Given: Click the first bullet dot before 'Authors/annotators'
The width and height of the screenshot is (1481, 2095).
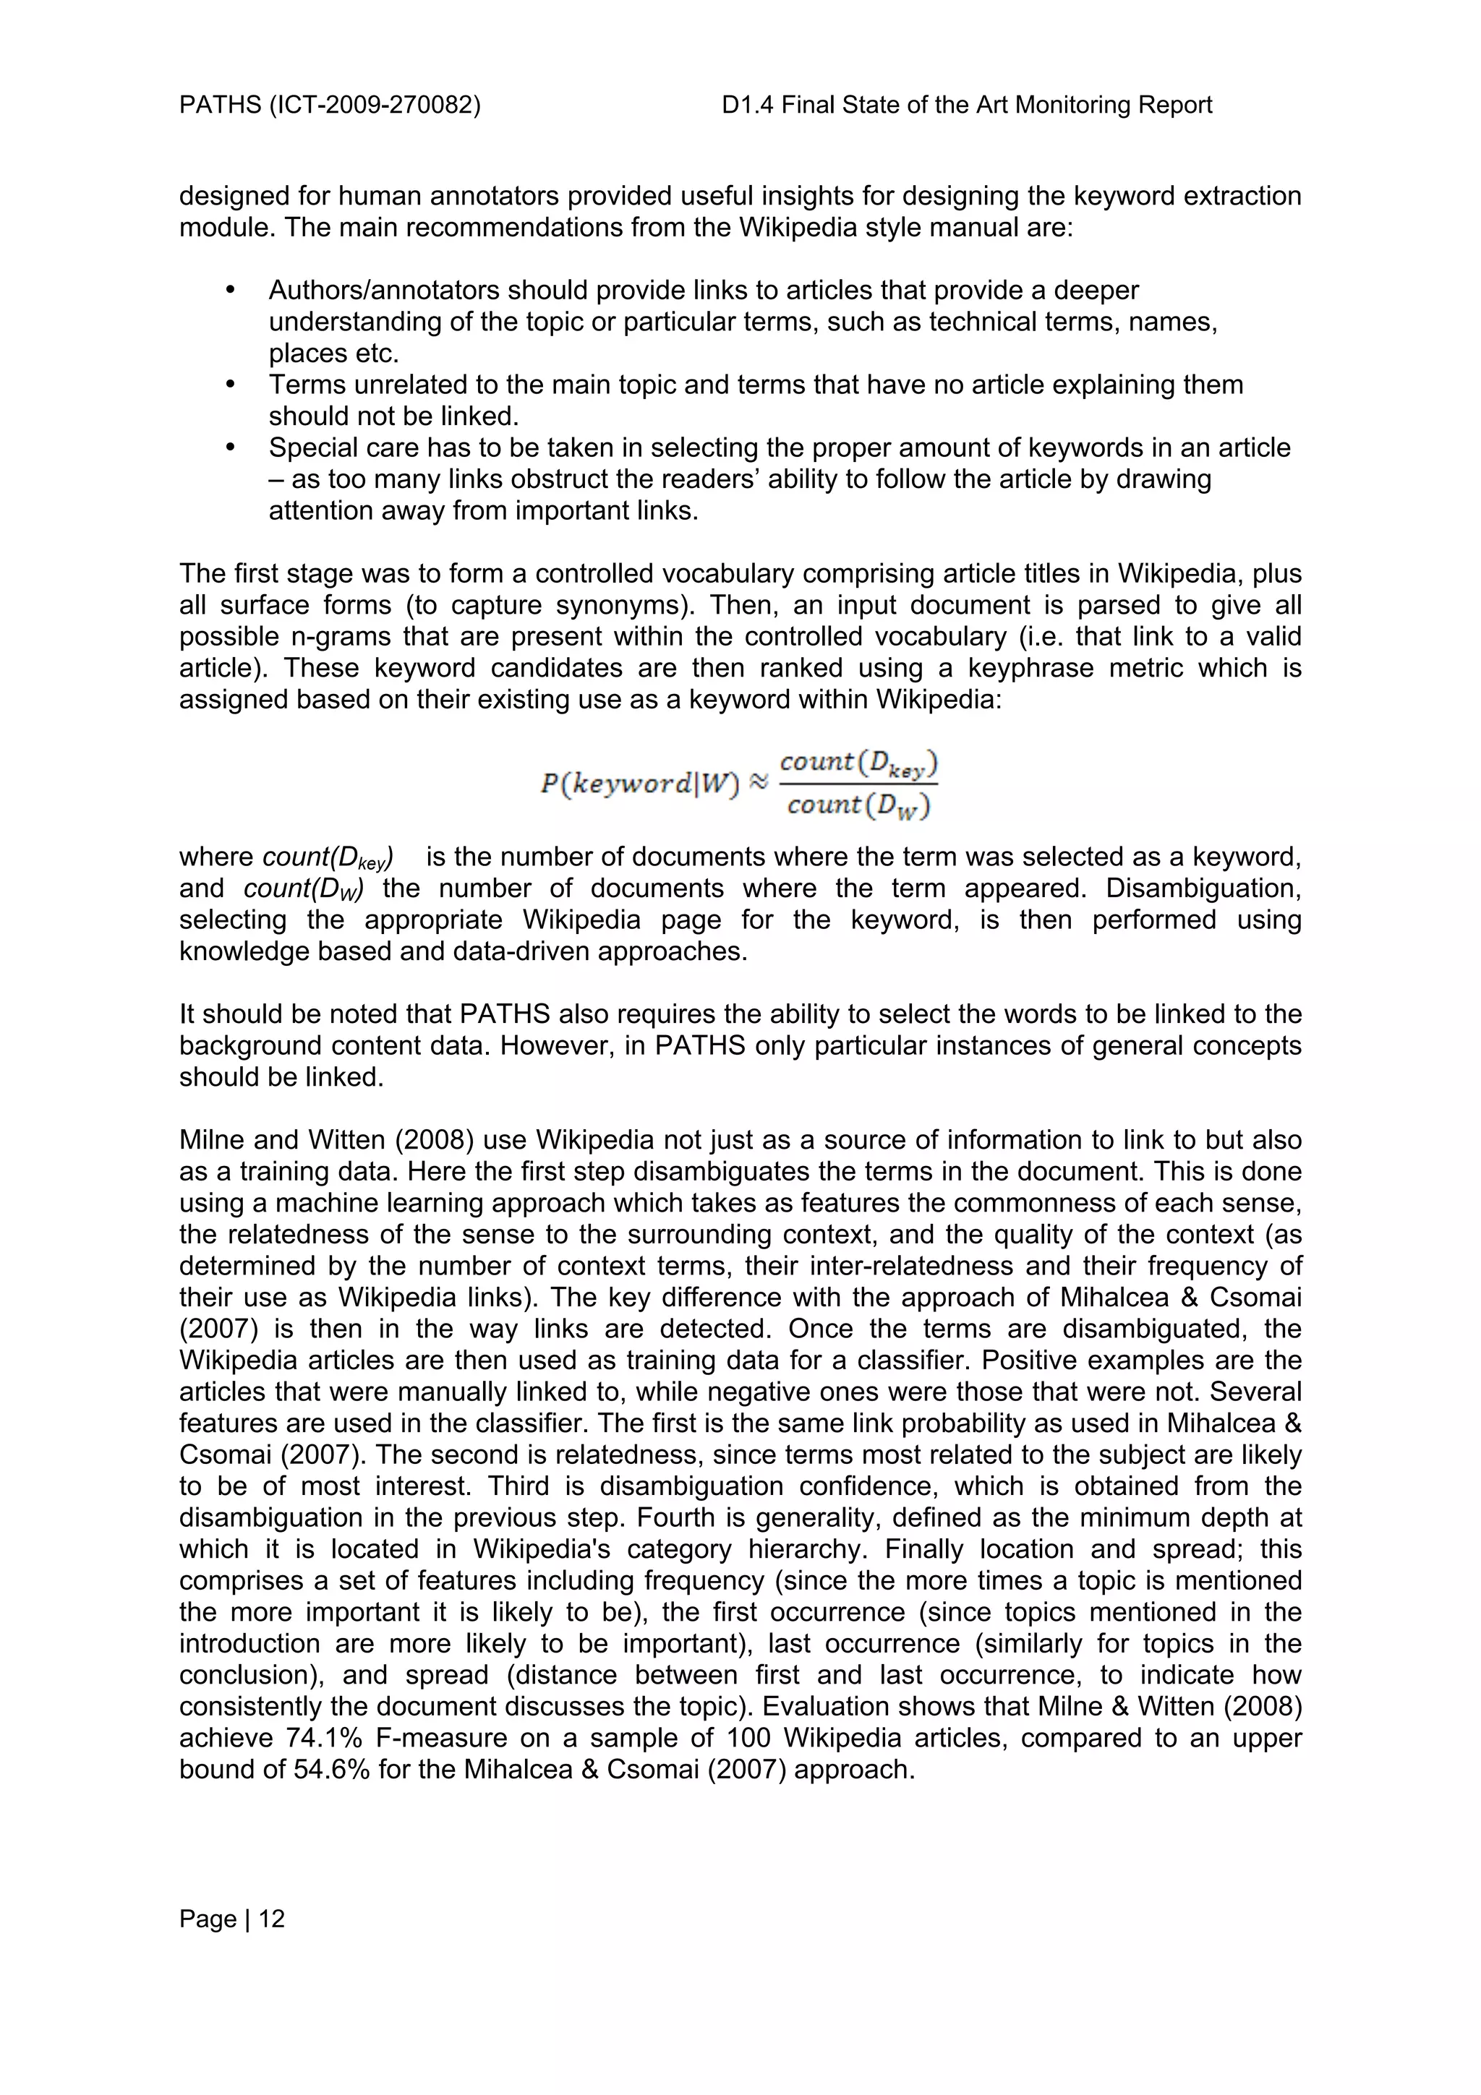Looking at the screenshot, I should point(230,290).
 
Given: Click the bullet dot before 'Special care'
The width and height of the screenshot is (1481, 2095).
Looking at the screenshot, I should point(230,447).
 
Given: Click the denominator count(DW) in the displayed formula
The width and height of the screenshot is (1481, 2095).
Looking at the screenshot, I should point(858,806).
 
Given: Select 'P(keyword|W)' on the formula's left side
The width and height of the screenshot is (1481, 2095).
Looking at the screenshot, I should point(639,784).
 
